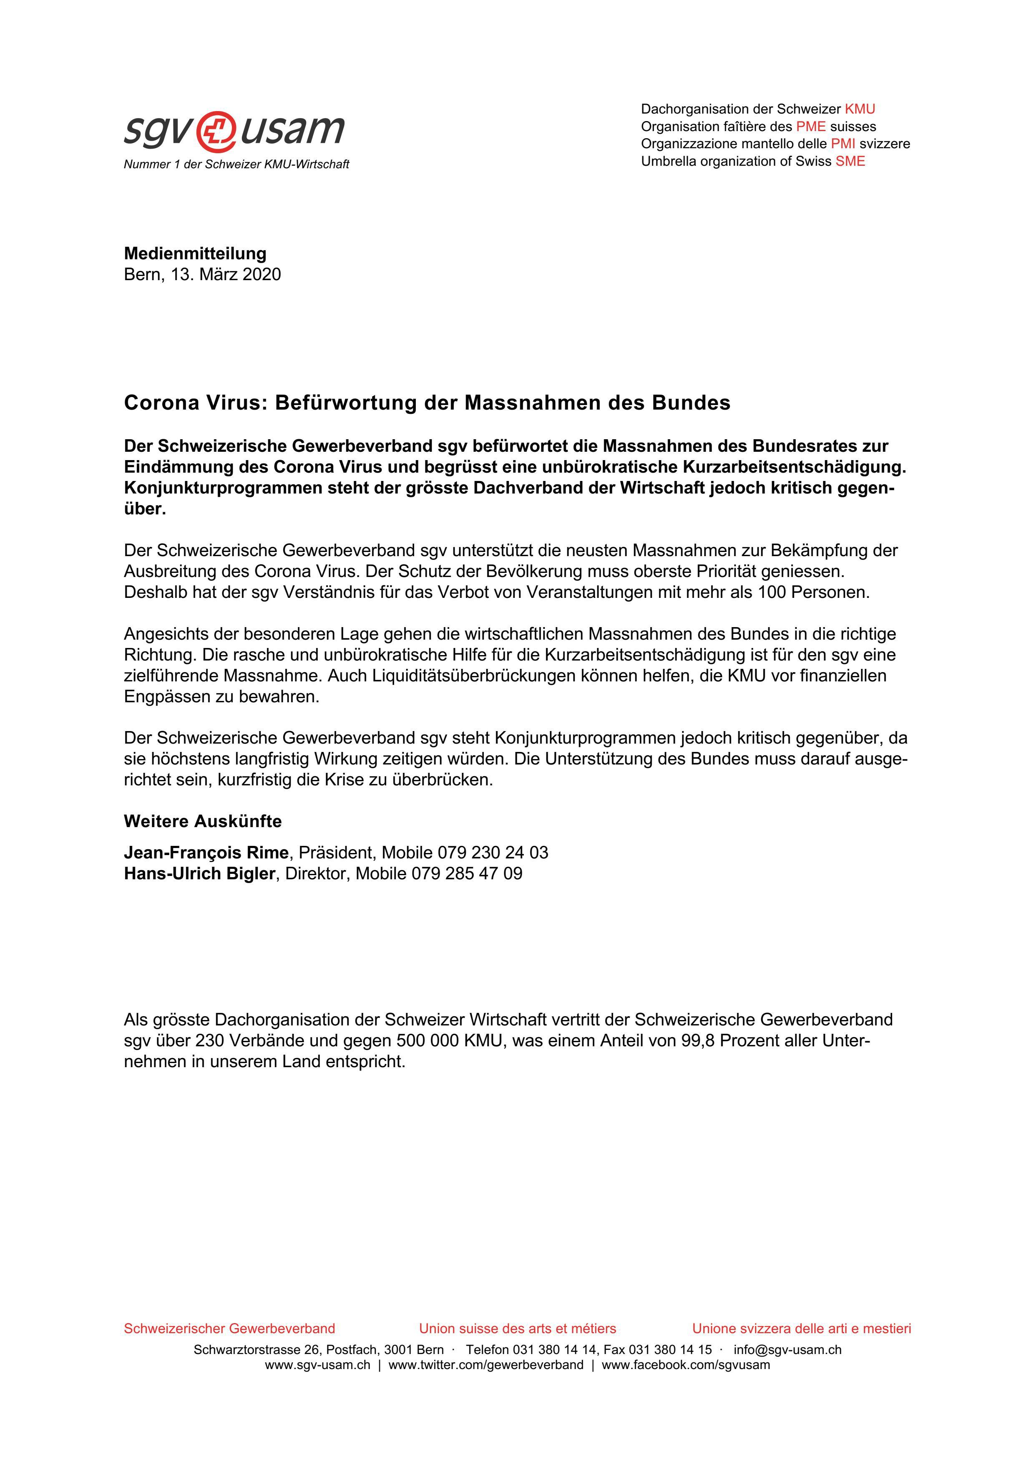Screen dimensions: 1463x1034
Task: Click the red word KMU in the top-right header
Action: point(860,109)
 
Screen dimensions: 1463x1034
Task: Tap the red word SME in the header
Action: point(850,161)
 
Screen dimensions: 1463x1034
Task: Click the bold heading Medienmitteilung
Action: point(195,253)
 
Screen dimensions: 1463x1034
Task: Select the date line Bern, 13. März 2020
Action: point(202,275)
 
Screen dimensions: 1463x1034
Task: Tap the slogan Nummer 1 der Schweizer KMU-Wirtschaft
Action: point(236,165)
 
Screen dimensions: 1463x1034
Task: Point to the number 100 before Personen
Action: point(772,592)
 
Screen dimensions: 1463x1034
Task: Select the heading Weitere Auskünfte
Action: point(202,821)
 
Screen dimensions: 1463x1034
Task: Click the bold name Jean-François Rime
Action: point(206,853)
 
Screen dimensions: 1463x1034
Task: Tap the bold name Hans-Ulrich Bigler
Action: point(199,873)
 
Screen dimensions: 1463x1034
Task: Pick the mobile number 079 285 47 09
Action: point(467,873)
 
